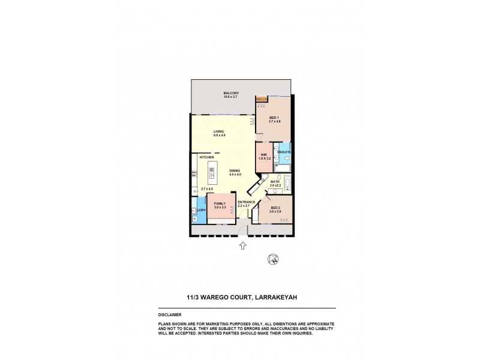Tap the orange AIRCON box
coord(261,99)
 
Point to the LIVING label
coord(218,132)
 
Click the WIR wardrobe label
coord(263,155)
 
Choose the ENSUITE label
coord(284,152)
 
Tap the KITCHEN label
coord(199,157)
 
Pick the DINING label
coord(235,170)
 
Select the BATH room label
coord(275,181)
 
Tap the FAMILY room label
coord(220,204)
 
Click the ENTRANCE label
coord(247,202)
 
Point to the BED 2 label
coord(275,208)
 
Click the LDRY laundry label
coord(202,210)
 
